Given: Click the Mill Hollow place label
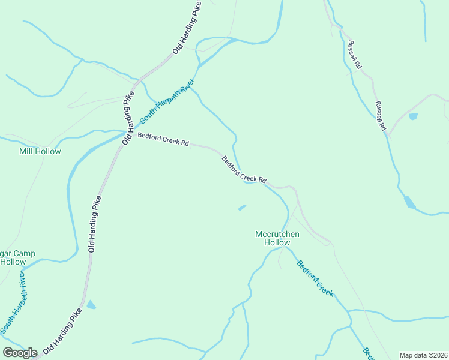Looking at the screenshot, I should coord(40,151).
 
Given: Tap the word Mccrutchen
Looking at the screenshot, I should coord(273,234).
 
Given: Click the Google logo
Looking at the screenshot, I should coord(20,353).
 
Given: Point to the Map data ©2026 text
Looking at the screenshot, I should coord(423,355).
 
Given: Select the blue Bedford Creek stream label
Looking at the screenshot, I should coord(315,278).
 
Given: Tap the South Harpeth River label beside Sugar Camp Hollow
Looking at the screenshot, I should coord(13,303).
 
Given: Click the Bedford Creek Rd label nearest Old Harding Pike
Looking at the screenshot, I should coord(163,140).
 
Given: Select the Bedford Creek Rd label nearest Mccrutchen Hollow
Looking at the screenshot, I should coord(244,170).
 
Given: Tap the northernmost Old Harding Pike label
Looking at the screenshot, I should coord(186,29).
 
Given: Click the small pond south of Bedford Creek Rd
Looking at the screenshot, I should coord(242,208).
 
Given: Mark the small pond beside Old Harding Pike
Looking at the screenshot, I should coord(91,305).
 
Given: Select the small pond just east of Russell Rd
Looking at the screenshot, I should coord(414,116).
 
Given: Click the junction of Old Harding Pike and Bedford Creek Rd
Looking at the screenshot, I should coord(125,132).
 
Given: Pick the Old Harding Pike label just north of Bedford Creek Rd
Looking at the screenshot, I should coord(127,118).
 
